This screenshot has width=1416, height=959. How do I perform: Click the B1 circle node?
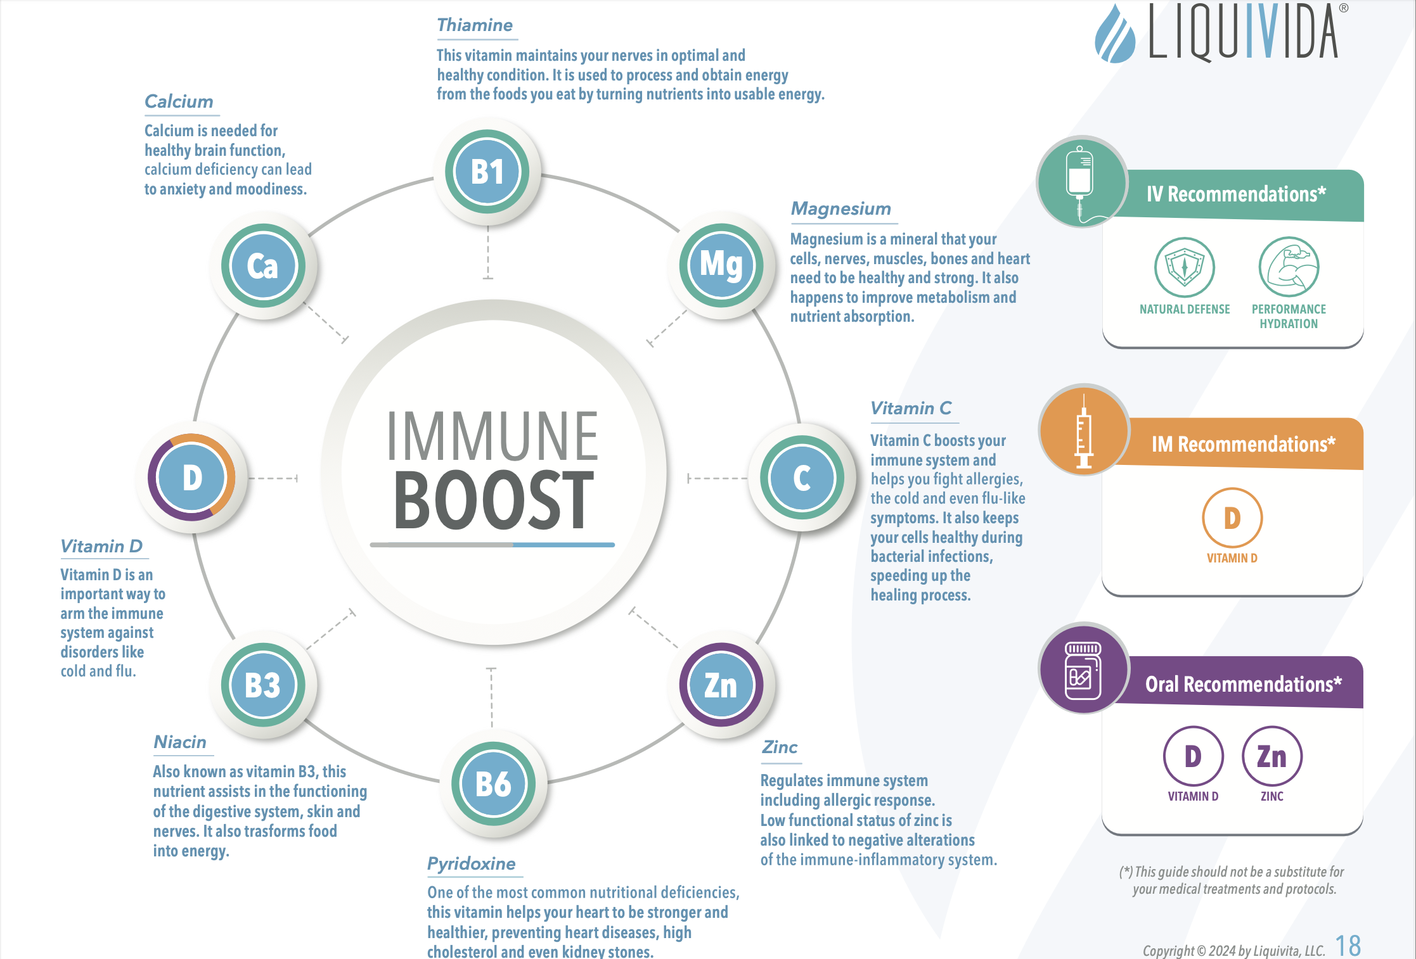click(x=487, y=172)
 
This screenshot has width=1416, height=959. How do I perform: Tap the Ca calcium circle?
click(x=263, y=265)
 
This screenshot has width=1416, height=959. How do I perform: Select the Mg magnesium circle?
click(x=721, y=265)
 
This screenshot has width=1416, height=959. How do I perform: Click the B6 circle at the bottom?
click(x=493, y=784)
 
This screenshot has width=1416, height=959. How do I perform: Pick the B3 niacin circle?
click(x=263, y=685)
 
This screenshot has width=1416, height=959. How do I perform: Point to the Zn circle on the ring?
click(x=721, y=685)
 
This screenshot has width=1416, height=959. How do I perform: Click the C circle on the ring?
click(x=802, y=478)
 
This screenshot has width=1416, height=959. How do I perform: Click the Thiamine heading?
click(x=475, y=25)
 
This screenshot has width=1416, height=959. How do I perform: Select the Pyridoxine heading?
click(x=472, y=864)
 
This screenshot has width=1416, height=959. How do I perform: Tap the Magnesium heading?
click(x=841, y=208)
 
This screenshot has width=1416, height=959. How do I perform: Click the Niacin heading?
click(x=180, y=742)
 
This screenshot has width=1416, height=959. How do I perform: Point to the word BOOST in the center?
click(x=494, y=500)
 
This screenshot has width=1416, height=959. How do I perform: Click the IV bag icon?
click(x=1079, y=184)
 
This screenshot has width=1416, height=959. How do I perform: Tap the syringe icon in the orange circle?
click(x=1084, y=431)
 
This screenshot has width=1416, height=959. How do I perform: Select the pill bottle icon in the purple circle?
click(x=1083, y=670)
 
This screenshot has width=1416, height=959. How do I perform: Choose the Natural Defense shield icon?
click(x=1184, y=267)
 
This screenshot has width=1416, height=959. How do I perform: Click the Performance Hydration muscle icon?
click(x=1289, y=267)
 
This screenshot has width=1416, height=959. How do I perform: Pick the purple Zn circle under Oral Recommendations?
click(x=1272, y=756)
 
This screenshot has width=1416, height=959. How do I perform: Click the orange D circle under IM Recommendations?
click(x=1232, y=518)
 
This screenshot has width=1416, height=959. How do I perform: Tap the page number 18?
click(x=1348, y=946)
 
